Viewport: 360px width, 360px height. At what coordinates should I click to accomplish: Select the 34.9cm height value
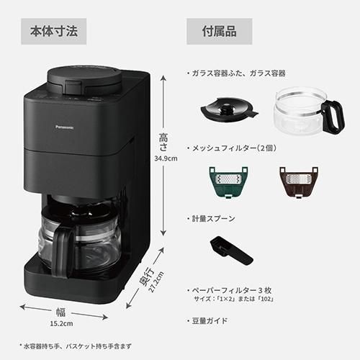pos(166,158)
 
